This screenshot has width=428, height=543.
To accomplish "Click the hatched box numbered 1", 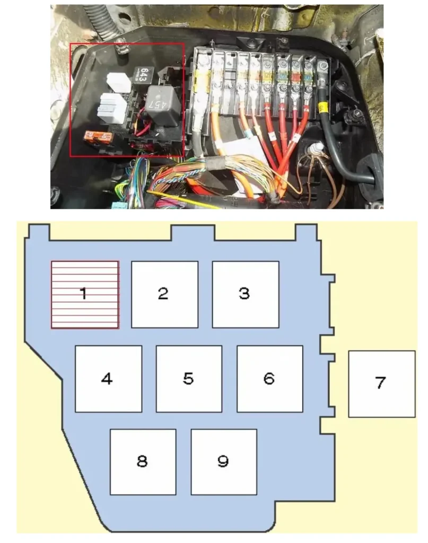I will (x=85, y=294).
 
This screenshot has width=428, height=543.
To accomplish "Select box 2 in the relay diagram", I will (x=164, y=294).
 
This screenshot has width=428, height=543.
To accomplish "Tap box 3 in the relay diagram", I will (x=246, y=294).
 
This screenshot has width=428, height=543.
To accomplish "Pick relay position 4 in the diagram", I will (x=108, y=379).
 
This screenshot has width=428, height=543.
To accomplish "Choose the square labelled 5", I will (x=189, y=379).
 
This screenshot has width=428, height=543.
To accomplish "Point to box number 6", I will (x=269, y=379).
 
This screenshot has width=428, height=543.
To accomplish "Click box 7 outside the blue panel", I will (x=381, y=383).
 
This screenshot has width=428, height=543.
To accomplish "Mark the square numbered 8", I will (x=143, y=461).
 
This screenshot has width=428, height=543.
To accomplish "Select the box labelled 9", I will (x=223, y=461).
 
